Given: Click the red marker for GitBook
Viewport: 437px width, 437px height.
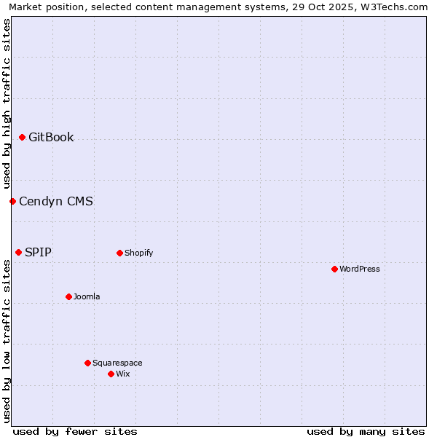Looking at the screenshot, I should pos(22,138).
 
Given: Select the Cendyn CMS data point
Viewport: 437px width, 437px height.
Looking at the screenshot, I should pos(12,201).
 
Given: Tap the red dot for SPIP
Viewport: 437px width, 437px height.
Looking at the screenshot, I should pos(18,253).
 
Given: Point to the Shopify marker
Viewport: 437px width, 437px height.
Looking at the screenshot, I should pos(119,253).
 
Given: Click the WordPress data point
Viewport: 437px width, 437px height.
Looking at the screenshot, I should pos(334,269).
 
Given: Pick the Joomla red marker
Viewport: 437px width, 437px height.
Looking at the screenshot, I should pos(68,297).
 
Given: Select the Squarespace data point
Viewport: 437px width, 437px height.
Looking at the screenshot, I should pos(87,363).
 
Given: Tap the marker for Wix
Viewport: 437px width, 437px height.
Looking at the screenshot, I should pos(111,374).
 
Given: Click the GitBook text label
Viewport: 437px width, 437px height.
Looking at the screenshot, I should pos(51,138).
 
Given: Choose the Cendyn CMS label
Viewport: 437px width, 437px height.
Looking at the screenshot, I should pos(56,202).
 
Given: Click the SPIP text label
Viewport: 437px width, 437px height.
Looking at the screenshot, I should pos(38,253).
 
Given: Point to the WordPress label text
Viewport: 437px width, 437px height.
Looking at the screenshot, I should pos(360,269).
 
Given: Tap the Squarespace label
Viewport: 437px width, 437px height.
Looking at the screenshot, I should pos(117,363).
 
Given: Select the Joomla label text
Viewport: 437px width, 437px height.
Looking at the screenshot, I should pos(87,297).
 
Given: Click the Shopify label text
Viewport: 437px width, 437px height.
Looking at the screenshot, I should pos(138,253).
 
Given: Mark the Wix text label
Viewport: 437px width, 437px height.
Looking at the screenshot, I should pos(122,374).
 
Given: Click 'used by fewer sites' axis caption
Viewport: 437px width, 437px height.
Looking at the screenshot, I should pos(75,431).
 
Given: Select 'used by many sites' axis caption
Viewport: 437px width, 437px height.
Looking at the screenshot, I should pos(366,431).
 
